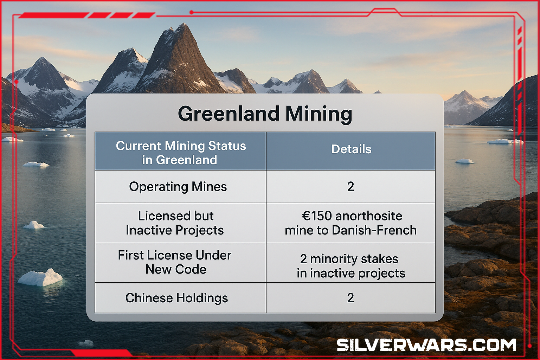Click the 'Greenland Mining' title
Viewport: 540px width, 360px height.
click(x=265, y=114)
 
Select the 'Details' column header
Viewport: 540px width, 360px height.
click(x=351, y=149)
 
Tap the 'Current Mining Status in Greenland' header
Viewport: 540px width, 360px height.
click(x=181, y=153)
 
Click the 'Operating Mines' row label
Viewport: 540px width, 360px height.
click(x=178, y=187)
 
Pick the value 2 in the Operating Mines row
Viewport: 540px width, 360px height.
click(x=351, y=187)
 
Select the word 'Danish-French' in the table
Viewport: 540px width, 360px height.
click(x=374, y=230)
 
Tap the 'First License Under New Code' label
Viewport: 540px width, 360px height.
click(x=175, y=262)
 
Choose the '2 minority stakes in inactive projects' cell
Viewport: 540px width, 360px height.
click(x=351, y=266)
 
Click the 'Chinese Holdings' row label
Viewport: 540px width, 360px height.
click(x=177, y=298)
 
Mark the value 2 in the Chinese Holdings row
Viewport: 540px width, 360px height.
click(x=351, y=298)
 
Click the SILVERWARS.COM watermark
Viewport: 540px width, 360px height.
click(x=426, y=345)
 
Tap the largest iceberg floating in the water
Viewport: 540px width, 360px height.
click(x=40, y=277)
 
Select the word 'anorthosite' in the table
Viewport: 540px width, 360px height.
click(x=368, y=216)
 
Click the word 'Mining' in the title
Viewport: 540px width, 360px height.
click(x=319, y=115)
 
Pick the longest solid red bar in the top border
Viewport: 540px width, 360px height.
click(x=53, y=15)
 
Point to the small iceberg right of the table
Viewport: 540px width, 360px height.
click(x=464, y=161)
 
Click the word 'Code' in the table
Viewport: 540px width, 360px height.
click(x=191, y=270)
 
